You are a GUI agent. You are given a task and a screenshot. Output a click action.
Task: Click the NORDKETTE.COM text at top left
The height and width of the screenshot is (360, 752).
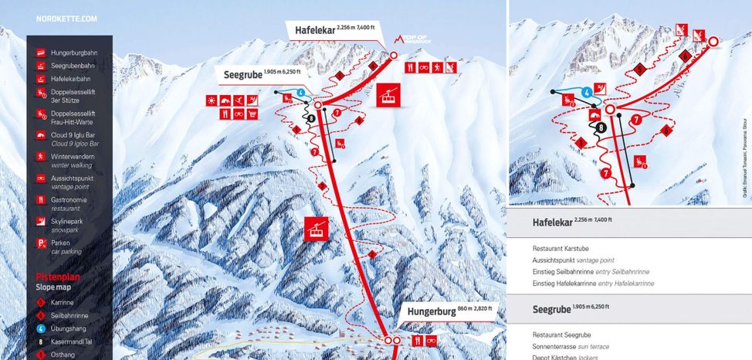(x=66, y=18)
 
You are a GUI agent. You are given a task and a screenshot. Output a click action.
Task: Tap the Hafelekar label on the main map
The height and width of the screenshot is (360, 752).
(x=314, y=31)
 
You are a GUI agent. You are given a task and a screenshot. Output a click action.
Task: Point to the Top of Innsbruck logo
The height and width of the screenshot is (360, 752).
(x=407, y=38)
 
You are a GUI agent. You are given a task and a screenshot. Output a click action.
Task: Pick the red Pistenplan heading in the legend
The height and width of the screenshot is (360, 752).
(x=58, y=276)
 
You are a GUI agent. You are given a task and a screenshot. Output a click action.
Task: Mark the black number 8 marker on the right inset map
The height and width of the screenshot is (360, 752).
(x=600, y=127)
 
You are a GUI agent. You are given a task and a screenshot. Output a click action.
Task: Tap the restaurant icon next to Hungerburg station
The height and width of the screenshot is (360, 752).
(x=418, y=340)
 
